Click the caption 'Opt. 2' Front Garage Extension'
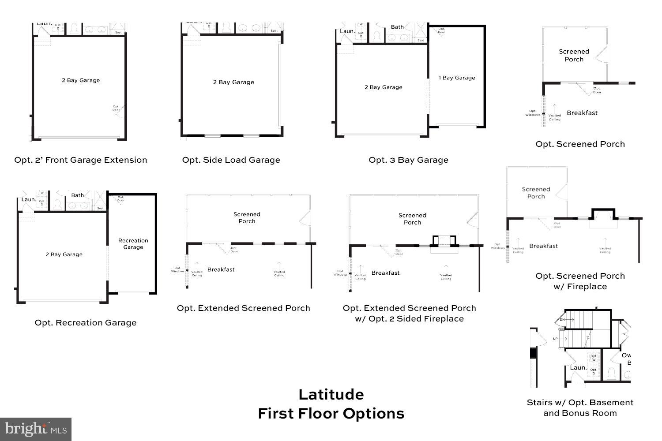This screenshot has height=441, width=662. pos(81,160)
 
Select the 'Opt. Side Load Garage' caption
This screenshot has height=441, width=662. pos(231,160)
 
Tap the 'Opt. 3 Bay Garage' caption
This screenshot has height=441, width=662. pos(408,160)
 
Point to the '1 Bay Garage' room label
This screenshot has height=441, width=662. pos(457,78)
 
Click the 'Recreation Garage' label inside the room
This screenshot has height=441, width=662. pos(133,244)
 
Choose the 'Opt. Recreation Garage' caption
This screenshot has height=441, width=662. pos(86,323)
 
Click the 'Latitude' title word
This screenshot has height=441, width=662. pos(331,394)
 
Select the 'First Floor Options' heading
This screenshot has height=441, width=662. pos(331,414)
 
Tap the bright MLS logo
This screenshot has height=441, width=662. pos(36,429)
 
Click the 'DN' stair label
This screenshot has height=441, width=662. pos(562,319)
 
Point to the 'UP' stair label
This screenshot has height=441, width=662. pos(555,339)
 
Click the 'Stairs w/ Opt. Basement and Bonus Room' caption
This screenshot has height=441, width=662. pos(580,408)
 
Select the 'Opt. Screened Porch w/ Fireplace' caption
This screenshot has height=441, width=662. pos(580,281)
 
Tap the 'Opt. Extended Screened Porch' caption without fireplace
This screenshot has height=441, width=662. pos(244,308)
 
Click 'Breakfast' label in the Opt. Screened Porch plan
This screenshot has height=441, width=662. pos(582,113)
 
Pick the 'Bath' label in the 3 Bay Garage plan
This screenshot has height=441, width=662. pos(397,27)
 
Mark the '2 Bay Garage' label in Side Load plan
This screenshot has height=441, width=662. pos(233,82)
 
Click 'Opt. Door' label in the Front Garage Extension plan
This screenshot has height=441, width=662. pos(116,108)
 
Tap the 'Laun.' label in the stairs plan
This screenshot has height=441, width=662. pos(578,367)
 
